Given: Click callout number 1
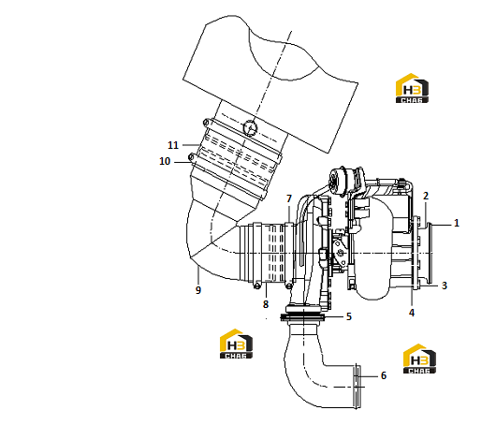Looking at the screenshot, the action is click(456, 223).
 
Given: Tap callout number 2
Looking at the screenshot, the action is click(426, 196).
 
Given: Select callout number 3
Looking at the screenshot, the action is click(445, 286).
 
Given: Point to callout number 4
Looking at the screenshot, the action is click(412, 313).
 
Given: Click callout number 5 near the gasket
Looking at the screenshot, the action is click(349, 316).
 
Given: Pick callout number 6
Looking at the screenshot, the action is click(384, 375).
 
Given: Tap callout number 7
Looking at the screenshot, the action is click(289, 198).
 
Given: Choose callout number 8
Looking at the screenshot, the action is click(266, 304).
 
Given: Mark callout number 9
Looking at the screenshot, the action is click(198, 290).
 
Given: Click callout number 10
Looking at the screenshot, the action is click(165, 161).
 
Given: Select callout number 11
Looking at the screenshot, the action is click(173, 145).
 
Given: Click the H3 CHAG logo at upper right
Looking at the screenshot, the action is click(412, 88).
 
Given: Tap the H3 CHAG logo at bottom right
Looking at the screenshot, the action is click(419, 359).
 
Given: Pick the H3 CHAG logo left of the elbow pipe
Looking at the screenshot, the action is click(236, 344).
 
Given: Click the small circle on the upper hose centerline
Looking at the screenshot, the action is click(250, 128).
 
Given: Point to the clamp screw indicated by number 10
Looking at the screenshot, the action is click(191, 157).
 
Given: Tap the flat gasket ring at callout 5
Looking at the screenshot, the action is click(302, 316).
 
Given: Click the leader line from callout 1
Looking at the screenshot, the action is click(441, 225).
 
